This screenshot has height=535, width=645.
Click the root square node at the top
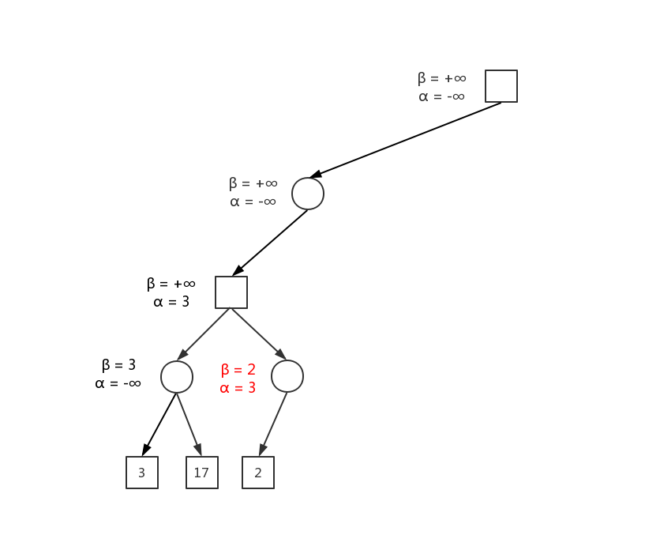tap(501, 86)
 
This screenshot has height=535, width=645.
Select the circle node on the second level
tap(308, 194)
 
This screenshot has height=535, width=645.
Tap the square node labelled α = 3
tap(231, 292)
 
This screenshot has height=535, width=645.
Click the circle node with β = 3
tap(177, 377)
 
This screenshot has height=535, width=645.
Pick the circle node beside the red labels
tap(287, 376)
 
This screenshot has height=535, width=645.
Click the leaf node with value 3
tap(142, 473)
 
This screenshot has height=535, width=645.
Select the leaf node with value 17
tap(202, 473)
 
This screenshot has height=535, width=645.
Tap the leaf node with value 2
tap(258, 473)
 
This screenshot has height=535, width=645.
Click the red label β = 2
tap(238, 370)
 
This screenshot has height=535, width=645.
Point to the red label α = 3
tap(238, 388)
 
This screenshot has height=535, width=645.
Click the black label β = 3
tap(118, 365)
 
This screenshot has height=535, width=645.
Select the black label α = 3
tap(171, 302)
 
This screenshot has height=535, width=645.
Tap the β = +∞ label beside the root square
tap(442, 78)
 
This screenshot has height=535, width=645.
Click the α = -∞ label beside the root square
tap(441, 96)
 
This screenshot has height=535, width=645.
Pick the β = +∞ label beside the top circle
tap(253, 183)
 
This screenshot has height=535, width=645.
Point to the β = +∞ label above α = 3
tap(171, 284)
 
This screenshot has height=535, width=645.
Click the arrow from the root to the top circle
tap(405, 140)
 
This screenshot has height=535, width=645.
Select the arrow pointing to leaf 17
tap(189, 424)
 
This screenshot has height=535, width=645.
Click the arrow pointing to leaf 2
tap(273, 424)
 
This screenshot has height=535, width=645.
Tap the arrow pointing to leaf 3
tap(159, 424)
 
